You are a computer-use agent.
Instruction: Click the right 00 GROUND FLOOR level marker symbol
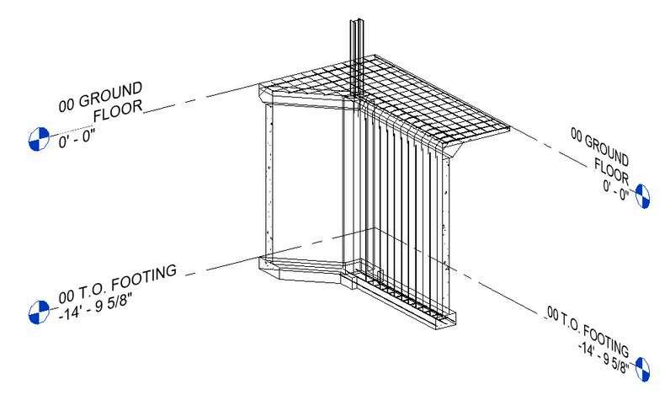pos(642,195)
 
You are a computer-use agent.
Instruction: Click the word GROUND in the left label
pos(114,93)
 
